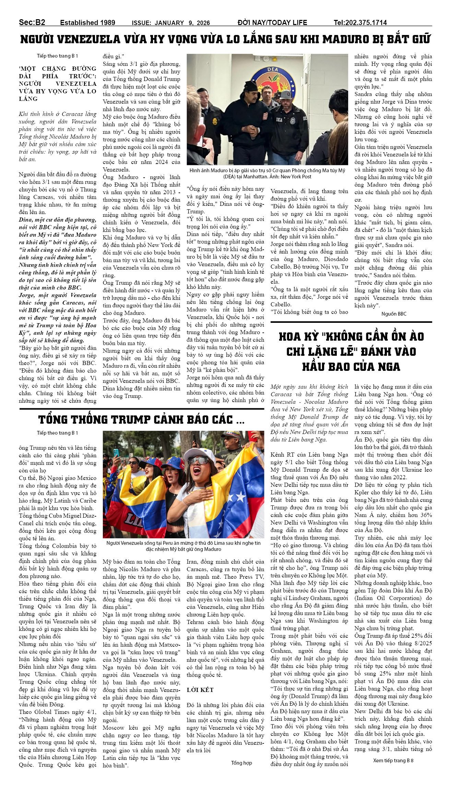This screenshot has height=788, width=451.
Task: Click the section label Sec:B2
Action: pos(32,22)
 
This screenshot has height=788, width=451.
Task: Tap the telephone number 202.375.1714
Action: pos(360,23)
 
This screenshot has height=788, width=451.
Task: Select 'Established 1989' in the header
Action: pos(87,23)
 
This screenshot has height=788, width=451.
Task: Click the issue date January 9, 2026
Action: pos(170,23)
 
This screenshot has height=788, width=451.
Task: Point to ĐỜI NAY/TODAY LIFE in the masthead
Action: pos(272,23)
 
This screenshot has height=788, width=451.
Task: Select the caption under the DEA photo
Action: pos(267,173)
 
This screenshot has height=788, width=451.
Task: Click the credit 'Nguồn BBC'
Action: pos(394,314)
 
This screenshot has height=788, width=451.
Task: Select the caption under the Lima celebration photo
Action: pos(183,546)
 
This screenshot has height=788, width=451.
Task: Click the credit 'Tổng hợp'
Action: pos(241,763)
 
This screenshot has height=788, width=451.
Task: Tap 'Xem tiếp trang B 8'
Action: pos(393,760)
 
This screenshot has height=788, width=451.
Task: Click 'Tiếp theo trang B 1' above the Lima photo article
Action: pos(58,433)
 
